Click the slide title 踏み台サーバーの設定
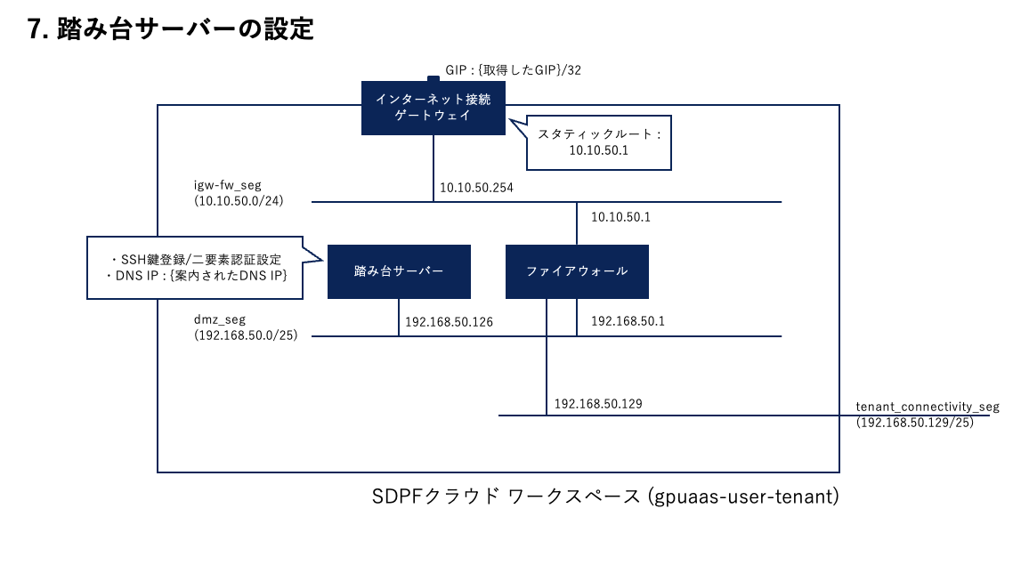[185, 28]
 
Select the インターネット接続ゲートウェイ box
[433, 108]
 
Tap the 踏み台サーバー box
[399, 271]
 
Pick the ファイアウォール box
[577, 271]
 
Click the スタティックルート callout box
[598, 143]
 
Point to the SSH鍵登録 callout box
[195, 268]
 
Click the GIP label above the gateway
[514, 70]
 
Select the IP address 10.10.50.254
[476, 188]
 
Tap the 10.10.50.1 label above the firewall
[620, 217]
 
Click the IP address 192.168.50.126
[449, 322]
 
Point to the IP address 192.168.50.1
[628, 321]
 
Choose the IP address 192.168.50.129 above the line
[598, 404]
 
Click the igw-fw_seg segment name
[228, 186]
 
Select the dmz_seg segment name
[220, 320]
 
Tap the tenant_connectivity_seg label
[928, 407]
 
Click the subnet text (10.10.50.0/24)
[239, 200]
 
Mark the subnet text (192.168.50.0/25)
[246, 335]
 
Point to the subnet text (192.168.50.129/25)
[915, 423]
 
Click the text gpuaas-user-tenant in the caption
[743, 496]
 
